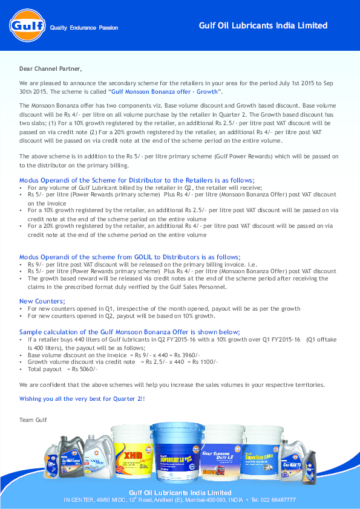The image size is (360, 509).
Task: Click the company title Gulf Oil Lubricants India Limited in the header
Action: coord(263,26)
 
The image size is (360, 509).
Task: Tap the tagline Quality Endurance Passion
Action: coord(84,28)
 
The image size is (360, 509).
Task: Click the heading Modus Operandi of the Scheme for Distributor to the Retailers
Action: coord(137,180)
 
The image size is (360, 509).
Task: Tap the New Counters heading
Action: coord(42,301)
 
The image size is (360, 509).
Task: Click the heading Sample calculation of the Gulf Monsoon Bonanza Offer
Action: coord(129,332)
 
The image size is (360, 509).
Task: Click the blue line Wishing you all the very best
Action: coord(82,399)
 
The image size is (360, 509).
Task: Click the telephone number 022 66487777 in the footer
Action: coord(275,500)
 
